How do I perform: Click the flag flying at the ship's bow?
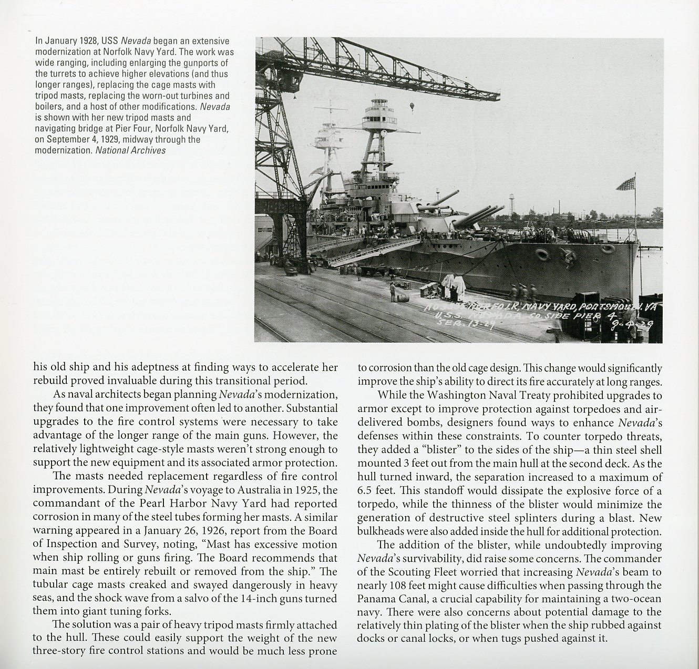626,184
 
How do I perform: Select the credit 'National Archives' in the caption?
130,150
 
